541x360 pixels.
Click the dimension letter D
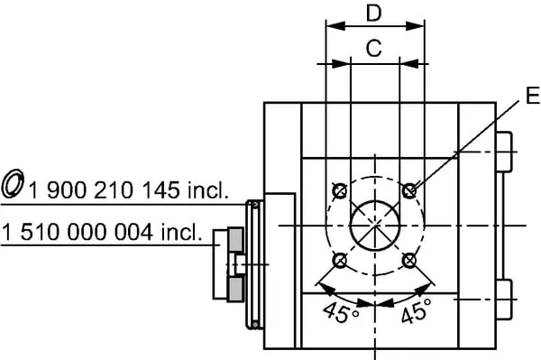click(x=374, y=14)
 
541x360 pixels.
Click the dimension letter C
click(x=374, y=48)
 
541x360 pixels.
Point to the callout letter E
click(x=533, y=95)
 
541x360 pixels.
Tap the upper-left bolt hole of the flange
click(x=340, y=190)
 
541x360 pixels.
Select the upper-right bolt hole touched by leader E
click(x=409, y=190)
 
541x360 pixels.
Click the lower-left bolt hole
click(x=340, y=261)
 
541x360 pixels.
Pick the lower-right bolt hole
click(x=409, y=261)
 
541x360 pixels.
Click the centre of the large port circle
click(x=375, y=226)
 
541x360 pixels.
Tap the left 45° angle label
click(x=341, y=311)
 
